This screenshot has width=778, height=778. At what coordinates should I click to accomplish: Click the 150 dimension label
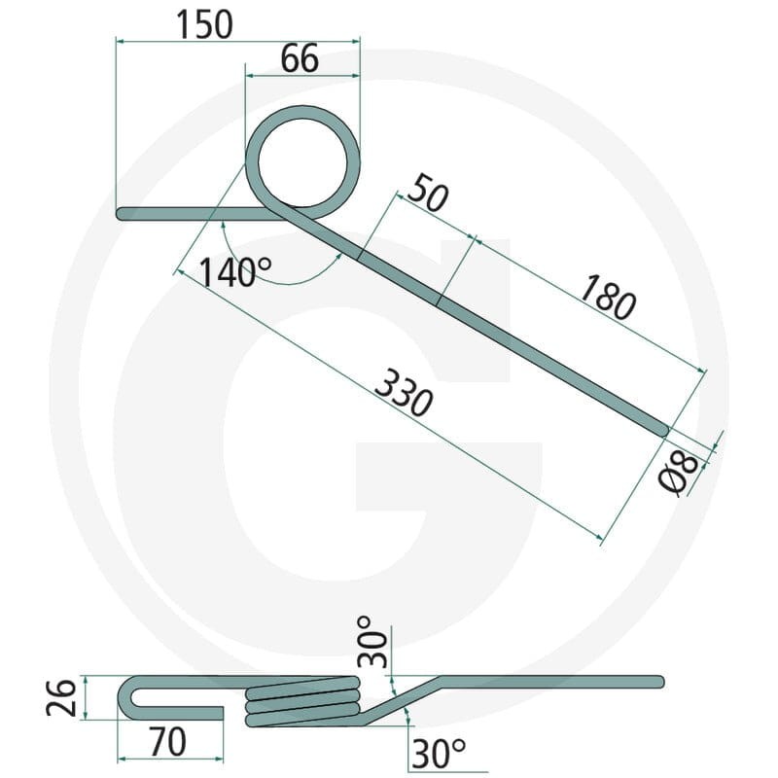tap(204, 25)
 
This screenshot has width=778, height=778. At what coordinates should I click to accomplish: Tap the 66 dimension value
tap(300, 58)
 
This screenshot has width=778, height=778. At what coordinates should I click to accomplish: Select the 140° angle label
tap(235, 272)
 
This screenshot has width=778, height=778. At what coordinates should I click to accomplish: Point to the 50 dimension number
tap(428, 194)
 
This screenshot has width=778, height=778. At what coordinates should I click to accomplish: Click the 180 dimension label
tap(606, 298)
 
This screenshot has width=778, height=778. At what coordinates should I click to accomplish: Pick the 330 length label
tap(404, 393)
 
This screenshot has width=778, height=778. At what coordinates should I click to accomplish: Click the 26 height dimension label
tap(61, 697)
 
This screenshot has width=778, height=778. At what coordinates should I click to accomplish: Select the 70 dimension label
tap(167, 743)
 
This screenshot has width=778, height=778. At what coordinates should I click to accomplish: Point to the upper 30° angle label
tap(372, 642)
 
